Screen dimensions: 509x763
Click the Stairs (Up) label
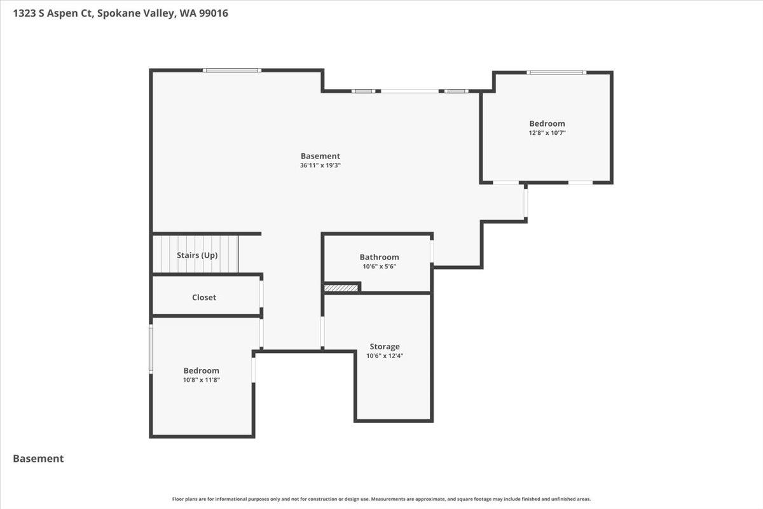(x=197, y=255)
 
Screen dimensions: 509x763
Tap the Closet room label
(x=204, y=297)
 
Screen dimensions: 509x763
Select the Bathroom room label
(x=379, y=257)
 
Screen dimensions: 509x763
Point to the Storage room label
(x=385, y=347)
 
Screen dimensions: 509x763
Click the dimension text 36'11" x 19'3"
(x=320, y=165)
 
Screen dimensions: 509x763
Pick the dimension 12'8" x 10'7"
(x=547, y=133)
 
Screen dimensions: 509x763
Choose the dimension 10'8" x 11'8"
(x=202, y=380)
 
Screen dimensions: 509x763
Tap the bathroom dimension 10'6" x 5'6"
(x=379, y=267)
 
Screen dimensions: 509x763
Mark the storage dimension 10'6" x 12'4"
(x=385, y=356)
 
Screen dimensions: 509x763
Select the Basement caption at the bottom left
(x=38, y=458)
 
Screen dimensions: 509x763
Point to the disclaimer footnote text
(x=381, y=499)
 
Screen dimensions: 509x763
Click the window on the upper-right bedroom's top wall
(x=556, y=72)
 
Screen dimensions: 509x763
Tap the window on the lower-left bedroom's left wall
(x=151, y=348)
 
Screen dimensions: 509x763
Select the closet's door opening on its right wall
(x=261, y=295)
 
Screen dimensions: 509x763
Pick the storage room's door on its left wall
(x=322, y=331)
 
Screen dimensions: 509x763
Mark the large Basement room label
(x=320, y=156)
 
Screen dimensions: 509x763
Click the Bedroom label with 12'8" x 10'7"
(x=547, y=123)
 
